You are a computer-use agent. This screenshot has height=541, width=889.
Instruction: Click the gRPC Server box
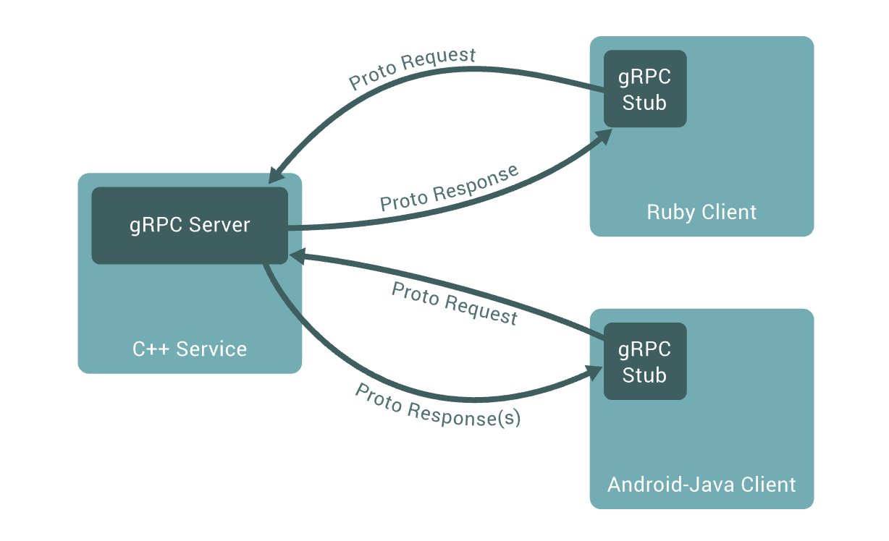[190, 225]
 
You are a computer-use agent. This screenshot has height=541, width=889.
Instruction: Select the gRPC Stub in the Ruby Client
[644, 89]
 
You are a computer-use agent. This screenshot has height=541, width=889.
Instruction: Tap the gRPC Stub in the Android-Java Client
[644, 362]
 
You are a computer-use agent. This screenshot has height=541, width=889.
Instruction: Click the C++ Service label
[190, 349]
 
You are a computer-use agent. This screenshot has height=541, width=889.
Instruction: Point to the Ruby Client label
[701, 212]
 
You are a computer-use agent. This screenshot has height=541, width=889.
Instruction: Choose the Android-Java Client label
[701, 484]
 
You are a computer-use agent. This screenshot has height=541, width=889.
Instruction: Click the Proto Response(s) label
[437, 405]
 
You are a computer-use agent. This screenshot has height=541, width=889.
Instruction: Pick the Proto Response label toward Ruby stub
[450, 188]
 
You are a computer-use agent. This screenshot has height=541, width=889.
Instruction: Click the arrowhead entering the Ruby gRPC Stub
[603, 137]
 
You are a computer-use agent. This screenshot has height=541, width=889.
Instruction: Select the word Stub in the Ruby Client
[644, 103]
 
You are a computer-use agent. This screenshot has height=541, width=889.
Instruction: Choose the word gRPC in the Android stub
[644, 349]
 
